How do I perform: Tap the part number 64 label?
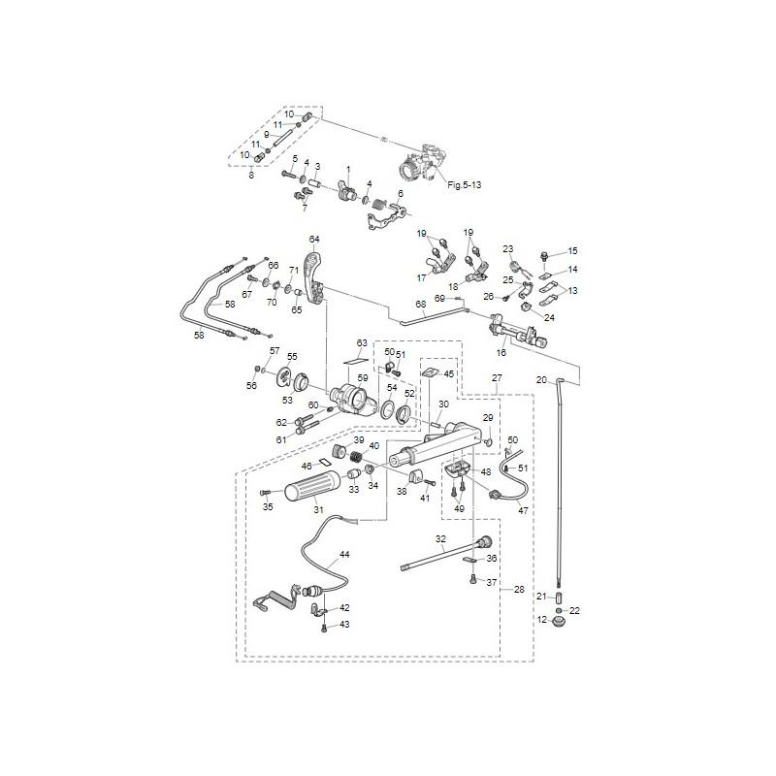pos(314,239)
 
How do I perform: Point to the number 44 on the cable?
pos(344,557)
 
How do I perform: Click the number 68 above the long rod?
pos(421,305)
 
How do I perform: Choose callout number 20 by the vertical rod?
pos(541,379)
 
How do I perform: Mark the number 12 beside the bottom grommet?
pos(542,619)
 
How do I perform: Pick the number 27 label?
pos(497,377)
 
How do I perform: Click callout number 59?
pos(362,376)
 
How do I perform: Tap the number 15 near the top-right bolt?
pos(572,250)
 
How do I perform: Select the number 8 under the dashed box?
pos(251,174)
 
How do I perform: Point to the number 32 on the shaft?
pos(440,538)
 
